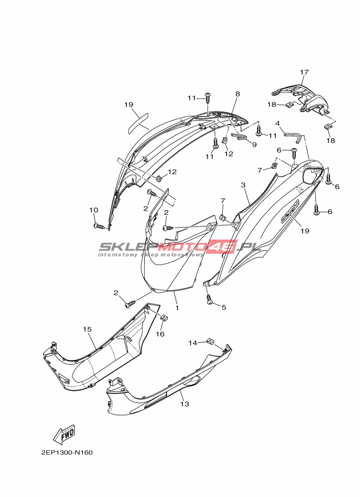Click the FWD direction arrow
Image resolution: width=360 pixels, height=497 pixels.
click(x=64, y=434)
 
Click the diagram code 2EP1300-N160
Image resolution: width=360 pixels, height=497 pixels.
click(x=67, y=452)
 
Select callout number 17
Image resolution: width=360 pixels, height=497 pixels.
click(x=304, y=72)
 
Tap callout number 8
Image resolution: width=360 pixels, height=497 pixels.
click(x=237, y=94)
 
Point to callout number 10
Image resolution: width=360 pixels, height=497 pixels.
click(x=94, y=210)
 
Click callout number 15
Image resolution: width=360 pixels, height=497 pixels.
click(x=87, y=329)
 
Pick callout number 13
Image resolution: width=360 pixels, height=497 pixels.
click(x=185, y=404)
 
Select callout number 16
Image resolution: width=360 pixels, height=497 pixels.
click(x=161, y=334)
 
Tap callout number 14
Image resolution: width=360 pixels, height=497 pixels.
click(x=193, y=342)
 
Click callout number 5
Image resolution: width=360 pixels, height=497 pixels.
click(x=224, y=307)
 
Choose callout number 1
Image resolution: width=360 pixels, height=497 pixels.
click(x=177, y=308)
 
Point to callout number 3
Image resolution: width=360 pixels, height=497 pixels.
click(x=243, y=185)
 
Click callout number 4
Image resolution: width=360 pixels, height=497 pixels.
click(x=278, y=124)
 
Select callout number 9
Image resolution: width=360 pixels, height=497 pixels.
click(x=254, y=145)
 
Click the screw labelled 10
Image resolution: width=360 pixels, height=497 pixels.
click(x=101, y=226)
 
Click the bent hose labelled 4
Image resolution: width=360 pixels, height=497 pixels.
click(x=293, y=136)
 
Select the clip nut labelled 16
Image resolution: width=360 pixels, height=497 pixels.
click(x=164, y=317)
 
